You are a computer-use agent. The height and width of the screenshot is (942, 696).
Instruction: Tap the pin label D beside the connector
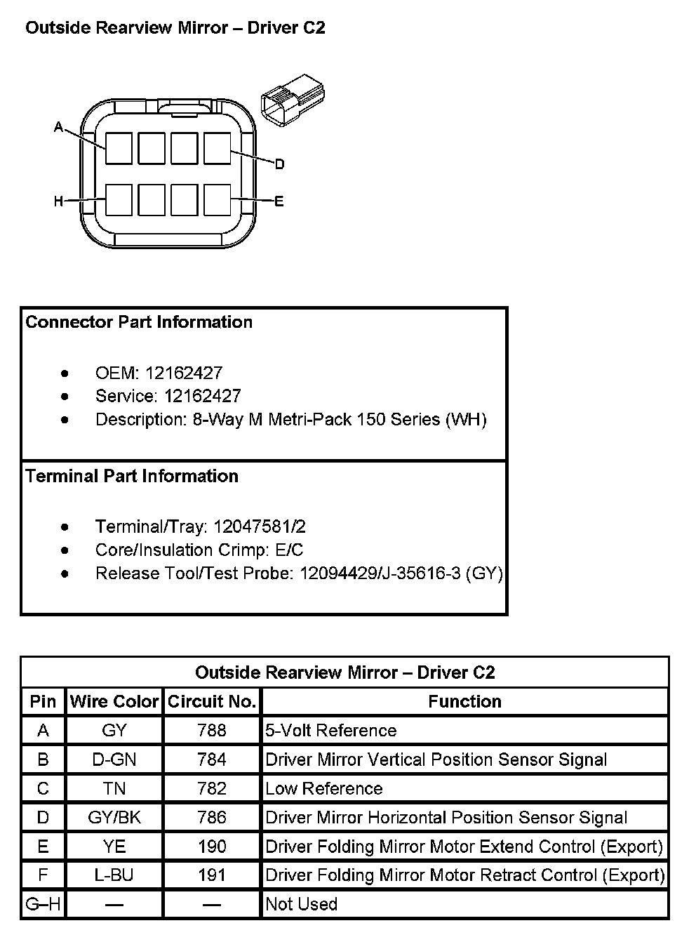[x=279, y=164]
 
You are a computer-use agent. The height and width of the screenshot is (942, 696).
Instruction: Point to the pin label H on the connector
[x=59, y=201]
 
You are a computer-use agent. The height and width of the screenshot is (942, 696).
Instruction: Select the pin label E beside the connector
[x=279, y=201]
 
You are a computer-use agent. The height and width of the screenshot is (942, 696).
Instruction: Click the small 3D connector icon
[x=293, y=104]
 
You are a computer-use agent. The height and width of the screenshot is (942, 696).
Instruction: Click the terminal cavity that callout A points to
[x=119, y=148]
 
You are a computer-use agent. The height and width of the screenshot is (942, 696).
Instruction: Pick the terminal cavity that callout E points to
[x=217, y=200]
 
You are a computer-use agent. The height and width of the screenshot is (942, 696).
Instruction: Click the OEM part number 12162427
[x=184, y=373]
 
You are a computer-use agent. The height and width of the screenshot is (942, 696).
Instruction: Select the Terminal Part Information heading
[x=132, y=476]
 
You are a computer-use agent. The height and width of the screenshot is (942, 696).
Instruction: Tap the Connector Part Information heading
[x=139, y=322]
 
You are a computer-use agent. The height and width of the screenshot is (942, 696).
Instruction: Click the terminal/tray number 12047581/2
[x=260, y=526]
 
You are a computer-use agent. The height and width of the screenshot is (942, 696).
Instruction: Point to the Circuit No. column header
[x=212, y=701]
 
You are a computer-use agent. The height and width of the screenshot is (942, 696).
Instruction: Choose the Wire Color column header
[x=114, y=701]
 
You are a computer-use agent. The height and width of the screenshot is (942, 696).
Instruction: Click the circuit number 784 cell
[x=212, y=759]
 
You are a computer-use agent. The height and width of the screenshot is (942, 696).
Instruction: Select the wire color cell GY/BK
[x=114, y=817]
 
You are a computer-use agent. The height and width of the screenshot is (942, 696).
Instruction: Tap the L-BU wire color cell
[x=114, y=875]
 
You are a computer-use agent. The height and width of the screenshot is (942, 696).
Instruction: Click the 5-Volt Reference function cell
[x=331, y=731]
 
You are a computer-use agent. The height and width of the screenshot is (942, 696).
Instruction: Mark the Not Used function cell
[x=302, y=904]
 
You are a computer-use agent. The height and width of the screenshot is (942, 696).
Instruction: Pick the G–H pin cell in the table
[x=43, y=904]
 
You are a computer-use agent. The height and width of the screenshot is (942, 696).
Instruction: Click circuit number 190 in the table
[x=212, y=846]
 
